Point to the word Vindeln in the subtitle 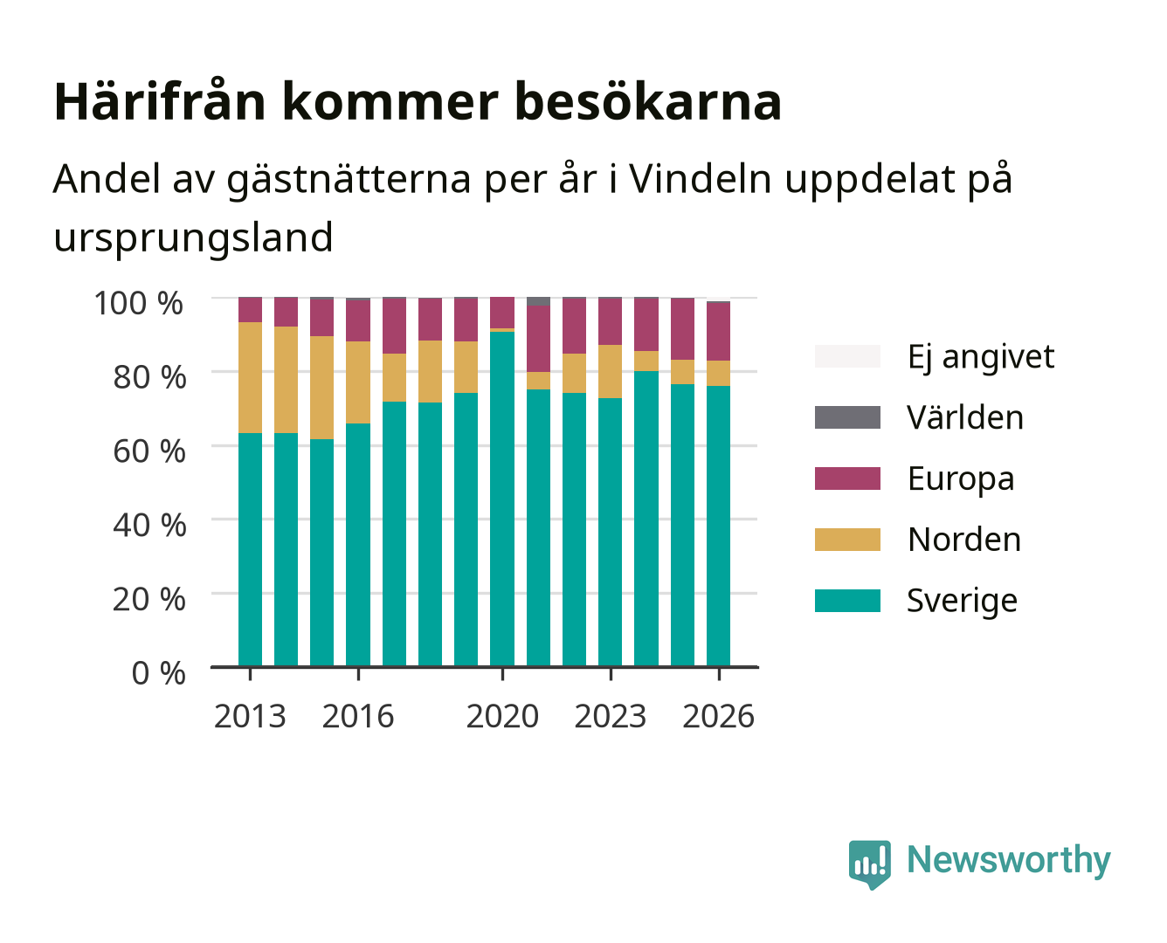coord(701,178)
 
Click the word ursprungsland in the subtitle coord(193,238)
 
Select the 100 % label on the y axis coord(138,303)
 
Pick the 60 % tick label coord(149,451)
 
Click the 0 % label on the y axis coord(158,672)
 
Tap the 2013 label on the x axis coord(250,716)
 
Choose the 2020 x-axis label coord(502,716)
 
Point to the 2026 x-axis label coord(718,716)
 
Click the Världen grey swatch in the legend coord(847,417)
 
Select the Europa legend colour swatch coord(847,478)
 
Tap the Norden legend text coord(964,540)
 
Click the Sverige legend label coord(962,601)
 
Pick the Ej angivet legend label coord(981,357)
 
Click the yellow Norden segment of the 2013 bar coord(250,377)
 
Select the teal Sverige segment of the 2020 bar coord(502,499)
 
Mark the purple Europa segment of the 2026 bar coord(718,331)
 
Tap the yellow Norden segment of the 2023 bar coord(610,371)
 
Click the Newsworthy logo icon coord(869,864)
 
